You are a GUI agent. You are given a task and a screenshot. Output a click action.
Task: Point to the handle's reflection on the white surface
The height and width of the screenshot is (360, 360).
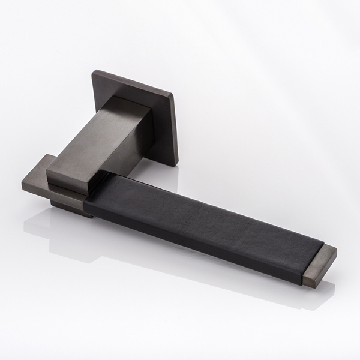[x=90, y=240]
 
